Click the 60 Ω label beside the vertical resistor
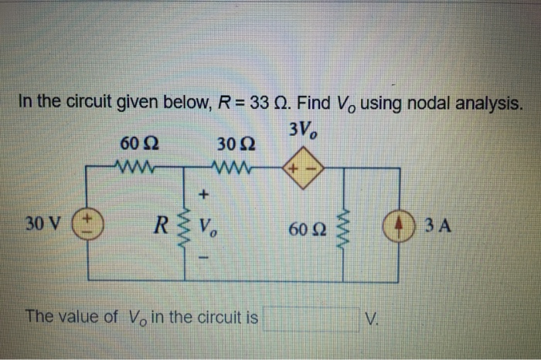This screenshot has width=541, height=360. (x=304, y=229)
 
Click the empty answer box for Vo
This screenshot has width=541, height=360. (x=311, y=318)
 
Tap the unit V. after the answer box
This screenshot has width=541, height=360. (x=375, y=318)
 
